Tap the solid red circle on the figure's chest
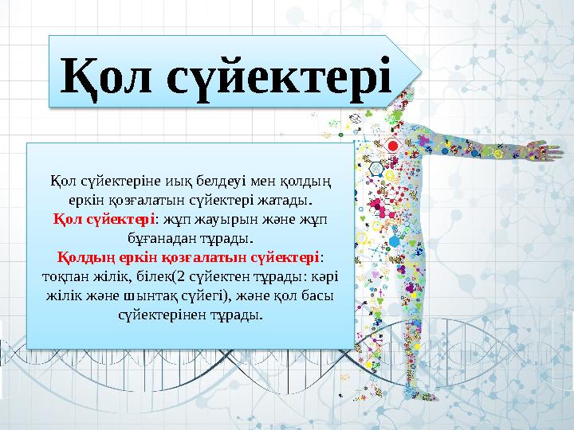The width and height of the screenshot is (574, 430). point(392,147)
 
